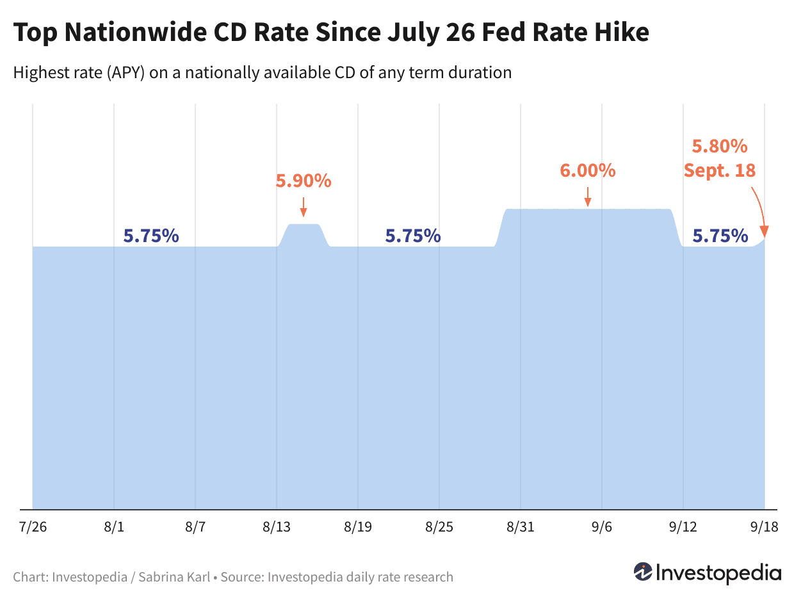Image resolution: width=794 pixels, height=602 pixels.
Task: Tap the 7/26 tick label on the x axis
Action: click(32, 528)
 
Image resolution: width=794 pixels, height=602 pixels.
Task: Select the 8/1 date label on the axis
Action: click(113, 528)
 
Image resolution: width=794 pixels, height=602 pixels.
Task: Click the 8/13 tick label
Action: click(276, 528)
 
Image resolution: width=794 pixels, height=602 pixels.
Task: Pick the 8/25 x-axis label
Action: click(439, 528)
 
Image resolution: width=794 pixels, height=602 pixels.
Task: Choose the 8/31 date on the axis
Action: click(520, 528)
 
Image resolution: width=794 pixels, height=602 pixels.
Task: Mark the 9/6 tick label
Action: click(602, 528)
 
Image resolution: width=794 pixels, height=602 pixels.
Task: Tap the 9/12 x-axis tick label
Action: click(683, 528)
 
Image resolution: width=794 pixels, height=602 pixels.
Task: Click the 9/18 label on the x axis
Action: click(764, 528)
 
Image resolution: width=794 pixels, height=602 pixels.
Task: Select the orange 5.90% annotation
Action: click(304, 181)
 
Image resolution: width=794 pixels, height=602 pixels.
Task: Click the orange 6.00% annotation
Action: click(587, 170)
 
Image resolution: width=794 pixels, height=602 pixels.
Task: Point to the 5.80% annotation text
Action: click(719, 147)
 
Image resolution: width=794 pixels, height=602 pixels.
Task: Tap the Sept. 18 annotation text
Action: click(719, 170)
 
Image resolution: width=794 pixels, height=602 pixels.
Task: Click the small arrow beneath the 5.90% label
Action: click(304, 206)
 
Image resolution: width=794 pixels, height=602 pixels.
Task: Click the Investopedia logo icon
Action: click(642, 571)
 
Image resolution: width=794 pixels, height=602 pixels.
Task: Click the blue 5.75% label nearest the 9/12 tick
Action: click(720, 236)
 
